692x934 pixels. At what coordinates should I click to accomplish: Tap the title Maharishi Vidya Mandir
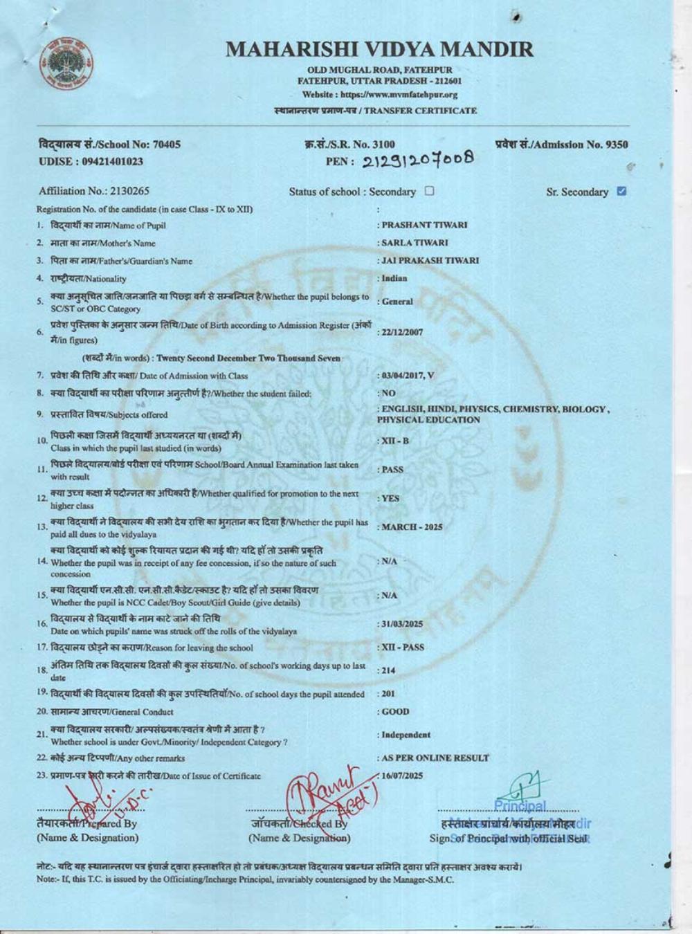tap(379, 50)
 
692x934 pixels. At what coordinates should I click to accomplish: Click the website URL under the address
tap(379, 95)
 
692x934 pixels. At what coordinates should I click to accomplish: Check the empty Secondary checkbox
tap(429, 191)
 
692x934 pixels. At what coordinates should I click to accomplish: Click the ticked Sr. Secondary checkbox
tap(621, 191)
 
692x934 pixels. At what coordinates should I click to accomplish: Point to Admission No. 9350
tap(562, 145)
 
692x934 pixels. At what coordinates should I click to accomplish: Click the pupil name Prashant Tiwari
tap(424, 225)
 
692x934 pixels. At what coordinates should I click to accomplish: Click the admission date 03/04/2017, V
tap(408, 375)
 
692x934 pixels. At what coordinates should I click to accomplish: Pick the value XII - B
tap(395, 441)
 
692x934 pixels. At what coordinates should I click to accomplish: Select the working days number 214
tap(388, 670)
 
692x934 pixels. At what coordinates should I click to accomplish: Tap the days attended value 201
tap(388, 693)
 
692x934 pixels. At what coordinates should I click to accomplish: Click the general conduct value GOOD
tap(395, 711)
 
